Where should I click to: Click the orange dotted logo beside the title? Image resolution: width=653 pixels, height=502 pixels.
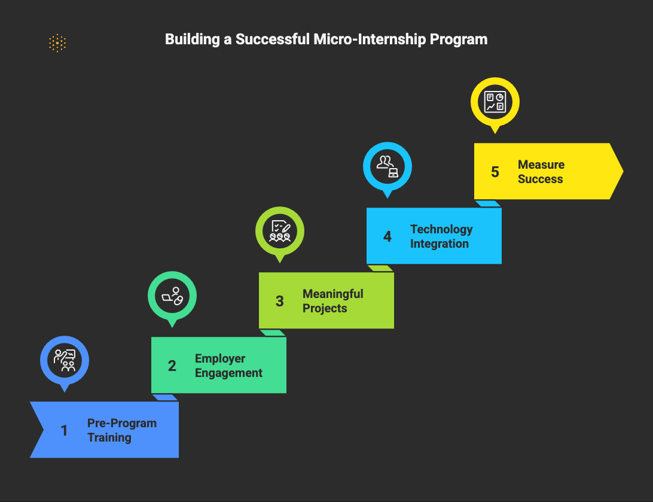point(57,43)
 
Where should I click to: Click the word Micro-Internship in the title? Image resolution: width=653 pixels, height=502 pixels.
point(370,39)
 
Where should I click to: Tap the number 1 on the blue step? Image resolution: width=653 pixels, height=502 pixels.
point(64,430)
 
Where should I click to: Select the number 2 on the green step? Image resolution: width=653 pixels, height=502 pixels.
point(172,366)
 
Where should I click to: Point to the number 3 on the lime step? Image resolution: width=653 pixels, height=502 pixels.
point(280,301)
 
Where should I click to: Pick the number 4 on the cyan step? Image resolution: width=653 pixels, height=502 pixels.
point(387,236)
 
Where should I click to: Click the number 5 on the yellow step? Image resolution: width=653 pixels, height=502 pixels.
point(495,172)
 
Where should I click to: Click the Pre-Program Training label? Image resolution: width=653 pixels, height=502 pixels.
point(122,430)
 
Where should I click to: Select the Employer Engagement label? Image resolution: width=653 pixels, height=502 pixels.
point(228,366)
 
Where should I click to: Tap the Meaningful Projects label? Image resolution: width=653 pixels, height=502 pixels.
point(332,301)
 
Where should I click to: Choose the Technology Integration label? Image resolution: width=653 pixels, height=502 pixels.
point(441,236)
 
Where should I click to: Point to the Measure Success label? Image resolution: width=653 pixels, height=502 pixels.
point(541,172)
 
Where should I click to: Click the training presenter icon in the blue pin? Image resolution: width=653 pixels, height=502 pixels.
point(65,360)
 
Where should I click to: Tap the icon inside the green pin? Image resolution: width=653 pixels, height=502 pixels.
point(172,296)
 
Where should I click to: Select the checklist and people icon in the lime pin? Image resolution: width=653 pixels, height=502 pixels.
point(280,231)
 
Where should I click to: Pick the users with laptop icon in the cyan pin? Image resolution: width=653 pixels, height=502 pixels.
point(387,166)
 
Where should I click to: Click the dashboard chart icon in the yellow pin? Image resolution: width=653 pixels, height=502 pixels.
point(495,102)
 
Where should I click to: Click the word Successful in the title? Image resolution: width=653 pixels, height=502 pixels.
point(272,39)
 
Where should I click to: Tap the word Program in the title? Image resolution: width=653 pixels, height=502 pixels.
point(459,39)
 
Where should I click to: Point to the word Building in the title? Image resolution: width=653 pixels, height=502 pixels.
point(193,39)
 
